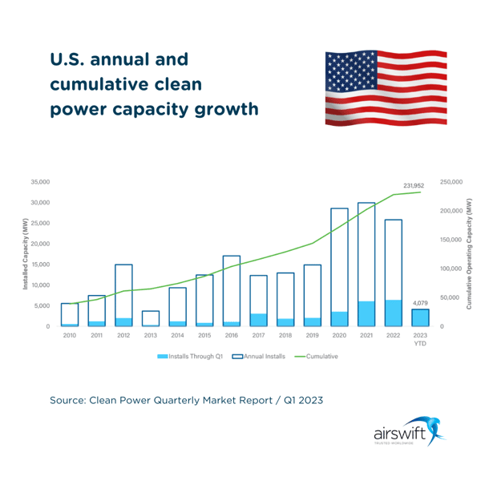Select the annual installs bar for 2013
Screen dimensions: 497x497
[151, 317]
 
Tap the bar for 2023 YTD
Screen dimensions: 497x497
[421, 317]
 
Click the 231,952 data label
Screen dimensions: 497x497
[414, 185]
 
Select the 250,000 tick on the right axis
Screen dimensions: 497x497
[452, 182]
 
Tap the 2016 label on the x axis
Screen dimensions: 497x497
[232, 336]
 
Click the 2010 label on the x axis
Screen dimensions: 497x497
[70, 336]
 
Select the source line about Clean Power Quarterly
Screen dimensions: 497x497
[186, 398]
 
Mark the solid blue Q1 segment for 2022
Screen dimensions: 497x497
[394, 313]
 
